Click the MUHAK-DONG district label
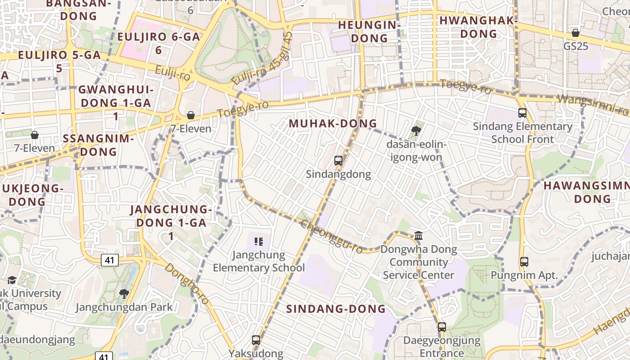tap(333, 123)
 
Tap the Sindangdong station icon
tap(338, 161)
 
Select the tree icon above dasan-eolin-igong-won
tap(416, 131)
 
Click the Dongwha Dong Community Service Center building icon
tap(418, 235)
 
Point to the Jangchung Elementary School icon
tap(258, 242)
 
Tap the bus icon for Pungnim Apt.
tap(524, 261)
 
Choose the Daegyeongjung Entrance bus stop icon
tap(442, 327)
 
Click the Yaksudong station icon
tap(256, 340)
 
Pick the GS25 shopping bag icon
tap(575, 33)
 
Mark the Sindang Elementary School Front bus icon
tap(522, 113)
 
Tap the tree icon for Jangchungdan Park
tap(124, 294)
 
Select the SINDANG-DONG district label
tap(336, 309)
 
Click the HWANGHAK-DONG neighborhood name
tap(478, 27)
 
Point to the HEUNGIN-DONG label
tap(369, 31)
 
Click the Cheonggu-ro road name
tap(331, 237)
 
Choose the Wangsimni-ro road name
tap(593, 105)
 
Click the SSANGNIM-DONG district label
tap(99, 145)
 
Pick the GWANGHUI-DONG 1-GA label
tap(116, 103)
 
